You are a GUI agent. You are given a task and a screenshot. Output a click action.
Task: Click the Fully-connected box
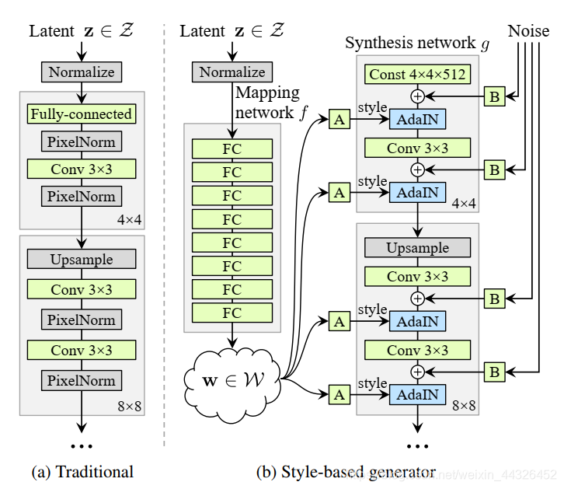click(81, 114)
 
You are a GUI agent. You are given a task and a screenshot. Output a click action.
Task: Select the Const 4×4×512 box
click(417, 75)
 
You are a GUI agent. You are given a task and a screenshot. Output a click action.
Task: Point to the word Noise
click(528, 31)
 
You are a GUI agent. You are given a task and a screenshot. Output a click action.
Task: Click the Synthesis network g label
click(417, 43)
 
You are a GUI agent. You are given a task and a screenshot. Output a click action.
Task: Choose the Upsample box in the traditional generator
click(81, 260)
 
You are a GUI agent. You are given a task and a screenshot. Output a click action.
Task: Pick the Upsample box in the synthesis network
click(417, 248)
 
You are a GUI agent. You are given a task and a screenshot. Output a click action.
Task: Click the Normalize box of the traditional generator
click(81, 73)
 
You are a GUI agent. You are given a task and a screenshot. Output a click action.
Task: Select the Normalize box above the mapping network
click(232, 72)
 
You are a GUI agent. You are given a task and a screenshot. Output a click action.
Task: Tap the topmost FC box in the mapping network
click(232, 148)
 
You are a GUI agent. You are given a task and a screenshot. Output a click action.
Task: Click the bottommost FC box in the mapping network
click(232, 313)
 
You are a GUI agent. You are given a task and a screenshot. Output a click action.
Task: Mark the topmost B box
click(494, 96)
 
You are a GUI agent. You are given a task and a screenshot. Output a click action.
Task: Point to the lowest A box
click(339, 394)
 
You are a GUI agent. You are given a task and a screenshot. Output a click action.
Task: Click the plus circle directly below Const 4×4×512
click(417, 96)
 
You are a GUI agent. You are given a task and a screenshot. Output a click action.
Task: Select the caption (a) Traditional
click(82, 471)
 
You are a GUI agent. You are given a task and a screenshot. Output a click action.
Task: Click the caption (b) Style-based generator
click(346, 471)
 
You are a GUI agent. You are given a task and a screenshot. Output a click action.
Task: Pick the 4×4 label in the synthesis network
click(463, 203)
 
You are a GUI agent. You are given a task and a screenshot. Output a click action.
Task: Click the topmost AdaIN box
click(417, 120)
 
